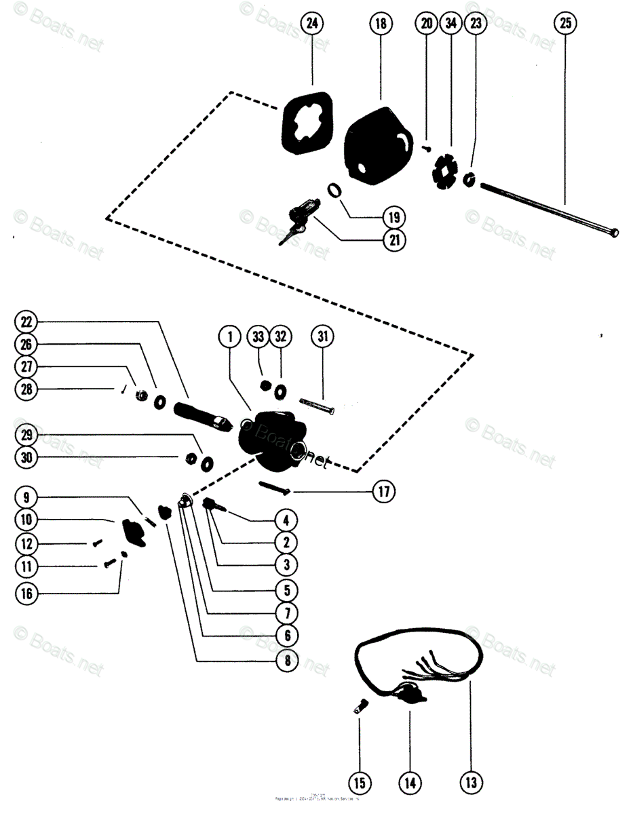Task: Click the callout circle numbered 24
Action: (x=311, y=24)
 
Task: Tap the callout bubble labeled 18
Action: (x=381, y=24)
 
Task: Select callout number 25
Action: (x=564, y=24)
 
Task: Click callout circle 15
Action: (x=360, y=783)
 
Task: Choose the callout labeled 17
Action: (x=383, y=491)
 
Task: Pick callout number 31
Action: (x=322, y=336)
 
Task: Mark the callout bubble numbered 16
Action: (x=26, y=594)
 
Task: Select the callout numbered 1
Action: (x=230, y=336)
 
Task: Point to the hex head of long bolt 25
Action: (x=614, y=233)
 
